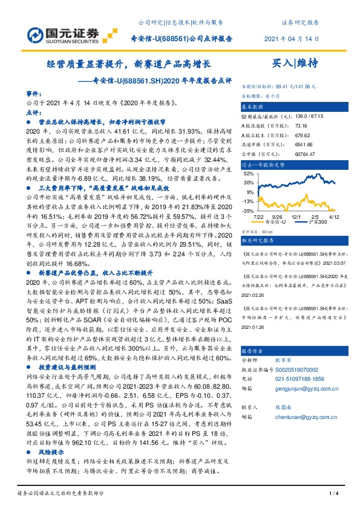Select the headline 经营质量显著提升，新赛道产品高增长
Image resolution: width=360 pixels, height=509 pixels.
click(x=128, y=63)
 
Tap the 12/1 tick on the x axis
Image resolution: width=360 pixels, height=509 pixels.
click(x=296, y=216)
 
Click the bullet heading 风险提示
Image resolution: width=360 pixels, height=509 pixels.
click(x=51, y=450)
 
